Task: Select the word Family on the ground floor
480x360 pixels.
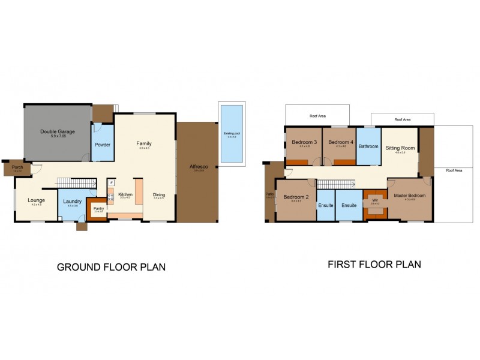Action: click(x=143, y=143)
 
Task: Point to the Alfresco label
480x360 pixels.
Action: click(x=198, y=166)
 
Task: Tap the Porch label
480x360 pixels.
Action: click(x=17, y=167)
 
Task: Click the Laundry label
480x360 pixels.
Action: click(x=72, y=201)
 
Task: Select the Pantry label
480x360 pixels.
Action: click(x=97, y=208)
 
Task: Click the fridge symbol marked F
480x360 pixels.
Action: click(x=111, y=182)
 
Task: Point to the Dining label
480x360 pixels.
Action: click(x=159, y=194)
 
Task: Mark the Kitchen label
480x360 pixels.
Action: click(x=125, y=194)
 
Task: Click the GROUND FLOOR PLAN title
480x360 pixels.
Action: click(x=111, y=267)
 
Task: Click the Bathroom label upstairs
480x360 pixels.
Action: click(x=368, y=146)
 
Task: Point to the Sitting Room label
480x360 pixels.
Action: click(x=400, y=148)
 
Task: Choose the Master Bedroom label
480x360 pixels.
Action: click(x=410, y=196)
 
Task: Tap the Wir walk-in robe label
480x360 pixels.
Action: click(x=375, y=200)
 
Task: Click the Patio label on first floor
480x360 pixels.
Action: click(x=268, y=194)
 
